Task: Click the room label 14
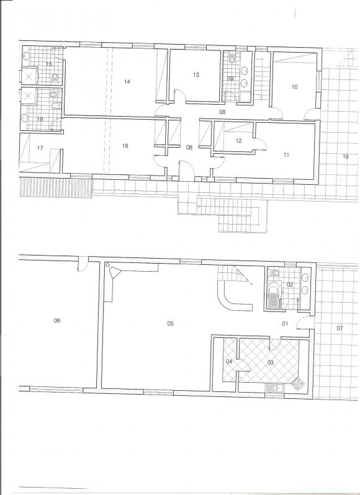click(127, 81)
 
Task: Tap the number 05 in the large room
click(170, 323)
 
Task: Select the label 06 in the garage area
click(57, 321)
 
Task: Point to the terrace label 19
click(346, 156)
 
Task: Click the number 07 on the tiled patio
click(340, 328)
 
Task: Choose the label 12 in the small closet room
click(239, 141)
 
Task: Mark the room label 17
click(40, 148)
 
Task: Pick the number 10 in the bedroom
click(294, 87)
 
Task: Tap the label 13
click(196, 74)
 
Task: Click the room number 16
click(125, 146)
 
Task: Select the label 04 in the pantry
click(229, 361)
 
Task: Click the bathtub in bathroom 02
click(273, 295)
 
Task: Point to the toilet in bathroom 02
click(275, 272)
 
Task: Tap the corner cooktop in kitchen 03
click(298, 384)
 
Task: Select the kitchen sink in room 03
click(274, 388)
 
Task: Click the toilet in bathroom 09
click(233, 58)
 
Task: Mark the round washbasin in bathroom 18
click(24, 118)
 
